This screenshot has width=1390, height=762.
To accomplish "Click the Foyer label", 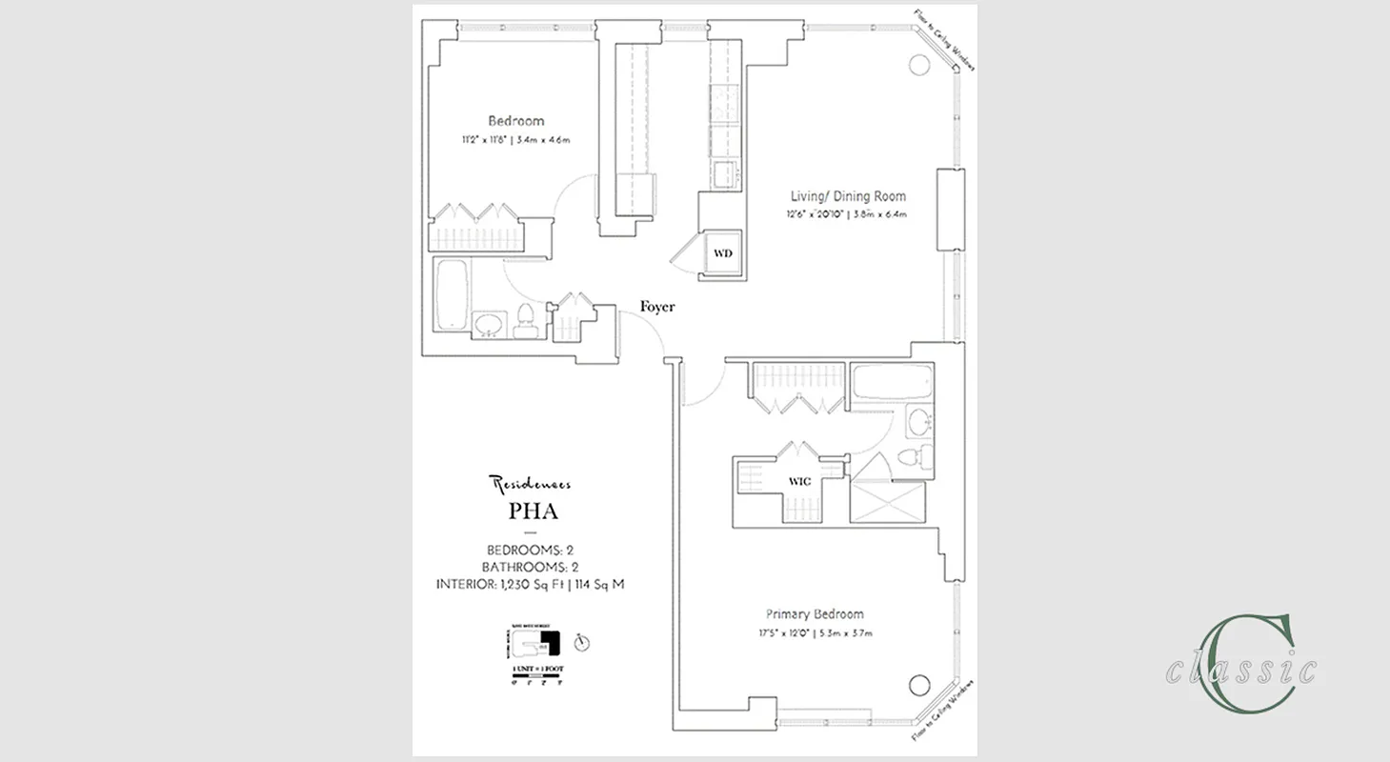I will point(656,307).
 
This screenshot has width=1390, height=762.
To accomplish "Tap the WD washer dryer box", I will point(723,253).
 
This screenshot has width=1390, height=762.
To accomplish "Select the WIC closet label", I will point(799,482).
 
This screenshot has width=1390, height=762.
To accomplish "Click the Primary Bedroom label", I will point(815,614).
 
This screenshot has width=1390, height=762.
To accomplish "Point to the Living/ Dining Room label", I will point(847,196).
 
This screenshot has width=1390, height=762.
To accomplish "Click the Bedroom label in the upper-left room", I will point(515,121).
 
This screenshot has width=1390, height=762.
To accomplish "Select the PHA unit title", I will point(533,511).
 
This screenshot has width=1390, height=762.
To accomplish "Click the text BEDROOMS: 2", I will point(530,550).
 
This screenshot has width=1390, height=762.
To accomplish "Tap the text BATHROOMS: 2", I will point(530,567).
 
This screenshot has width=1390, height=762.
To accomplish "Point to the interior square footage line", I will point(530,584).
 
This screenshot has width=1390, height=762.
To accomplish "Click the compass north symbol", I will point(581,643).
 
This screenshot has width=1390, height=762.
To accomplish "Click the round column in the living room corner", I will point(919,65).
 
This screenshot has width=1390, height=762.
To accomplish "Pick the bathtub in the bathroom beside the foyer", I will point(452,294).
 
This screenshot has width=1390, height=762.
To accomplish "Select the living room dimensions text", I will point(847,214).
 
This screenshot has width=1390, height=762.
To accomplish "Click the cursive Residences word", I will point(531,484).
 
